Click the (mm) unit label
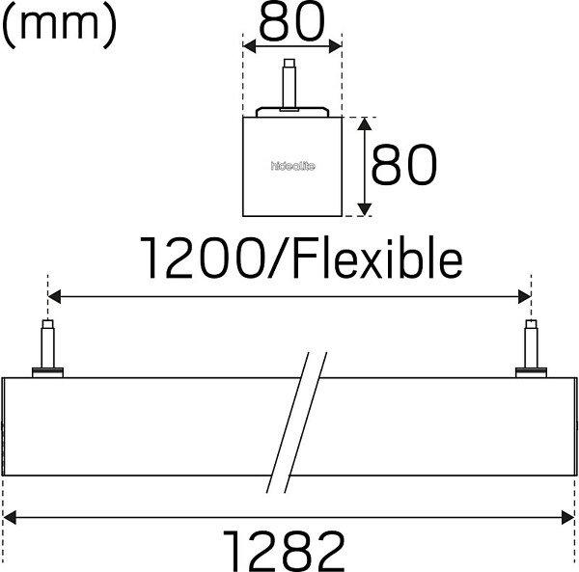[59, 24]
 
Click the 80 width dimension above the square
[292, 22]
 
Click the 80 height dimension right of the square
[404, 164]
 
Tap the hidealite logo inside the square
[292, 166]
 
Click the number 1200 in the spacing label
[203, 258]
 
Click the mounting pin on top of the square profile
[289, 85]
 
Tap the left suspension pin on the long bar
[48, 348]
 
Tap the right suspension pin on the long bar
[531, 348]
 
